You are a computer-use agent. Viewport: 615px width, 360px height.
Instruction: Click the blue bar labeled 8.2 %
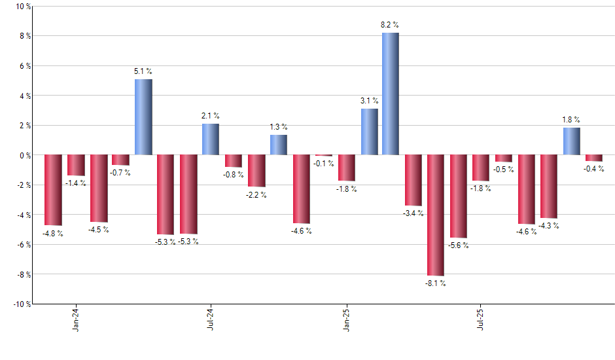point(391,94)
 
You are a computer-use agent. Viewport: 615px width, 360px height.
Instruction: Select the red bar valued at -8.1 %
point(436,215)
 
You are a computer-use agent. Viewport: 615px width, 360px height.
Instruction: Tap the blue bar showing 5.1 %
point(143,117)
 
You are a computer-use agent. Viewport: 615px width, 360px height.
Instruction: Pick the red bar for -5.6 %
point(458,196)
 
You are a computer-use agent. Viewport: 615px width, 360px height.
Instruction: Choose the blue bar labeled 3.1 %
point(369,132)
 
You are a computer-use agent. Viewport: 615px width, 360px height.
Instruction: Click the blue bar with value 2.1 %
point(211,139)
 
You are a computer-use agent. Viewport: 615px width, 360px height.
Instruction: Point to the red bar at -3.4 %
point(413,180)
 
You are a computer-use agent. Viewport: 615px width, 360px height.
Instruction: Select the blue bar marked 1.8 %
point(571,141)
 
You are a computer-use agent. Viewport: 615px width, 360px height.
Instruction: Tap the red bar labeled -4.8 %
point(53,190)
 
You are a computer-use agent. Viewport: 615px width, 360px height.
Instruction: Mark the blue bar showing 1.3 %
point(279,145)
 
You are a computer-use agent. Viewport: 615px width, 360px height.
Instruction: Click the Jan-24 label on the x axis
point(77,318)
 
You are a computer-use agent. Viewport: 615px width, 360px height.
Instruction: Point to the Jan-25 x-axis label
point(347,318)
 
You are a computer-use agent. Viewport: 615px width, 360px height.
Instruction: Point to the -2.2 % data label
point(256,195)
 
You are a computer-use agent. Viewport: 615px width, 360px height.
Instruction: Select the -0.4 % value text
point(594,169)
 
